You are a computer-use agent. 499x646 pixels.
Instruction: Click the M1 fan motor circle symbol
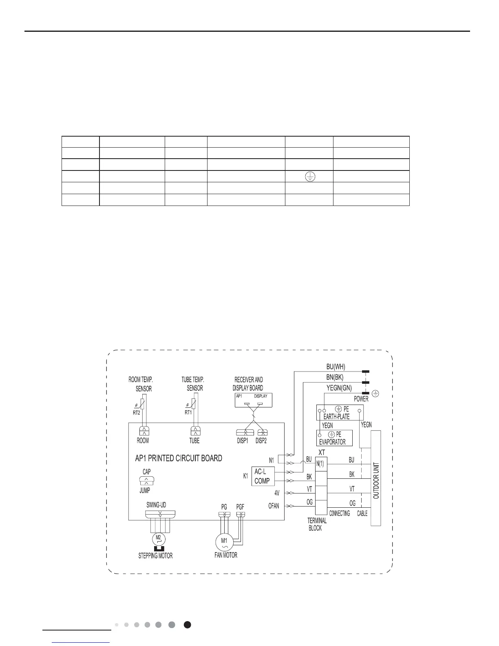coord(224,542)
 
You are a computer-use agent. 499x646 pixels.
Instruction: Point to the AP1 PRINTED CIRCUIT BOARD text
coord(179,458)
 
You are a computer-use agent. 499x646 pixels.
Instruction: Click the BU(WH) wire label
coord(336,367)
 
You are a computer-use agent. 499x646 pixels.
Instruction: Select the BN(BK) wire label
coord(335,377)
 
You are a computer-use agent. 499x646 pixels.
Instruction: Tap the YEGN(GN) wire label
coord(339,388)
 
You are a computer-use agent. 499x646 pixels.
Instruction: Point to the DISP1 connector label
coord(243,440)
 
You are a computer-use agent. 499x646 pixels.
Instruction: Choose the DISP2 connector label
coord(261,440)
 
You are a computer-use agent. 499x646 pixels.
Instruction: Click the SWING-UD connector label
coord(156,504)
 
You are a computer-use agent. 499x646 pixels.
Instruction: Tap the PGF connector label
coord(240,507)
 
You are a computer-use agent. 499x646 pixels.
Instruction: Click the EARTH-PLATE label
coord(336,417)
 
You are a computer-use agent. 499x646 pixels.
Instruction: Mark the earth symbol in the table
coord(310,177)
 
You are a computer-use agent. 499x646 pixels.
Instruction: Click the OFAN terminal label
coord(274,506)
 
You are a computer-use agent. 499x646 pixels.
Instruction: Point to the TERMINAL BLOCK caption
coord(317,524)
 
